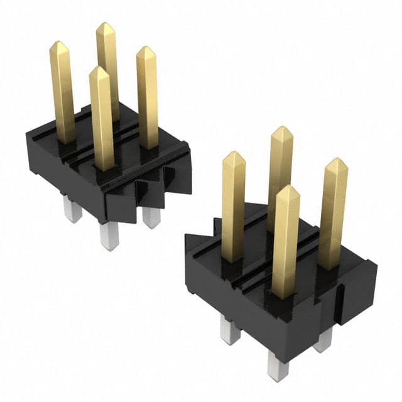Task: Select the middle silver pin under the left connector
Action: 109,236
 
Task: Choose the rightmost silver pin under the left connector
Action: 151,217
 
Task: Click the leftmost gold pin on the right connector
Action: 233,207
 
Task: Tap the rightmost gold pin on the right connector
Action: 332,214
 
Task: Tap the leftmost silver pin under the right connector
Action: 230,330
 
